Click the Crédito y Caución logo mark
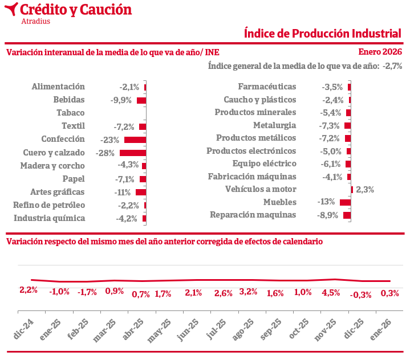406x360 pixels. [11, 10]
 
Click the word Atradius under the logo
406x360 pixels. [35, 22]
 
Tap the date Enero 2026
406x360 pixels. [380, 52]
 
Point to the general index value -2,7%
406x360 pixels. [393, 66]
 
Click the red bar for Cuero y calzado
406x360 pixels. [133, 153]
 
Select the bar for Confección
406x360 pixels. [135, 140]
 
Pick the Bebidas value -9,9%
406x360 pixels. [121, 100]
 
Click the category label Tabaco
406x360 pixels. [71, 113]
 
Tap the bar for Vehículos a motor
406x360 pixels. [352, 190]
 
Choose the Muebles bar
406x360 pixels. [345, 202]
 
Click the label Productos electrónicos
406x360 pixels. [251, 151]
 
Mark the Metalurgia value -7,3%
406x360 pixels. [330, 125]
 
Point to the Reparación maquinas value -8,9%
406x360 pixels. [328, 215]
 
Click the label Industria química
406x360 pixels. [50, 218]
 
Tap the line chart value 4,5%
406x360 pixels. [331, 293]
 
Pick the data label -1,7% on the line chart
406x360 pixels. [87, 292]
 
